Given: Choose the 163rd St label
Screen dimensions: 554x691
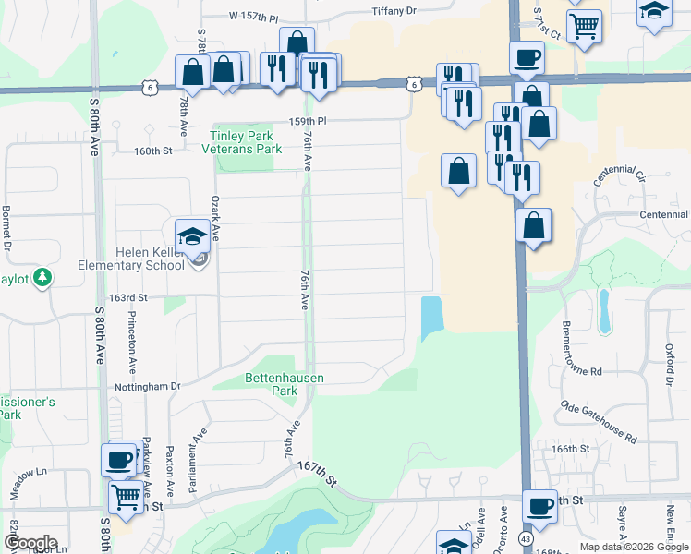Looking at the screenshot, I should pyautogui.click(x=128, y=297).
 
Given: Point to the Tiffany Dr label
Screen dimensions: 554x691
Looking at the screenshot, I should pyautogui.click(x=394, y=11).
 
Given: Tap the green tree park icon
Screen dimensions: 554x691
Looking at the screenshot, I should pyautogui.click(x=42, y=277).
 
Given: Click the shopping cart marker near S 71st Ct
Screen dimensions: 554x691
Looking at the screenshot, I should pyautogui.click(x=584, y=28).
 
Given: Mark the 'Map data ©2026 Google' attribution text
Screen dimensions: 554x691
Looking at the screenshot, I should pyautogui.click(x=634, y=547).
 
